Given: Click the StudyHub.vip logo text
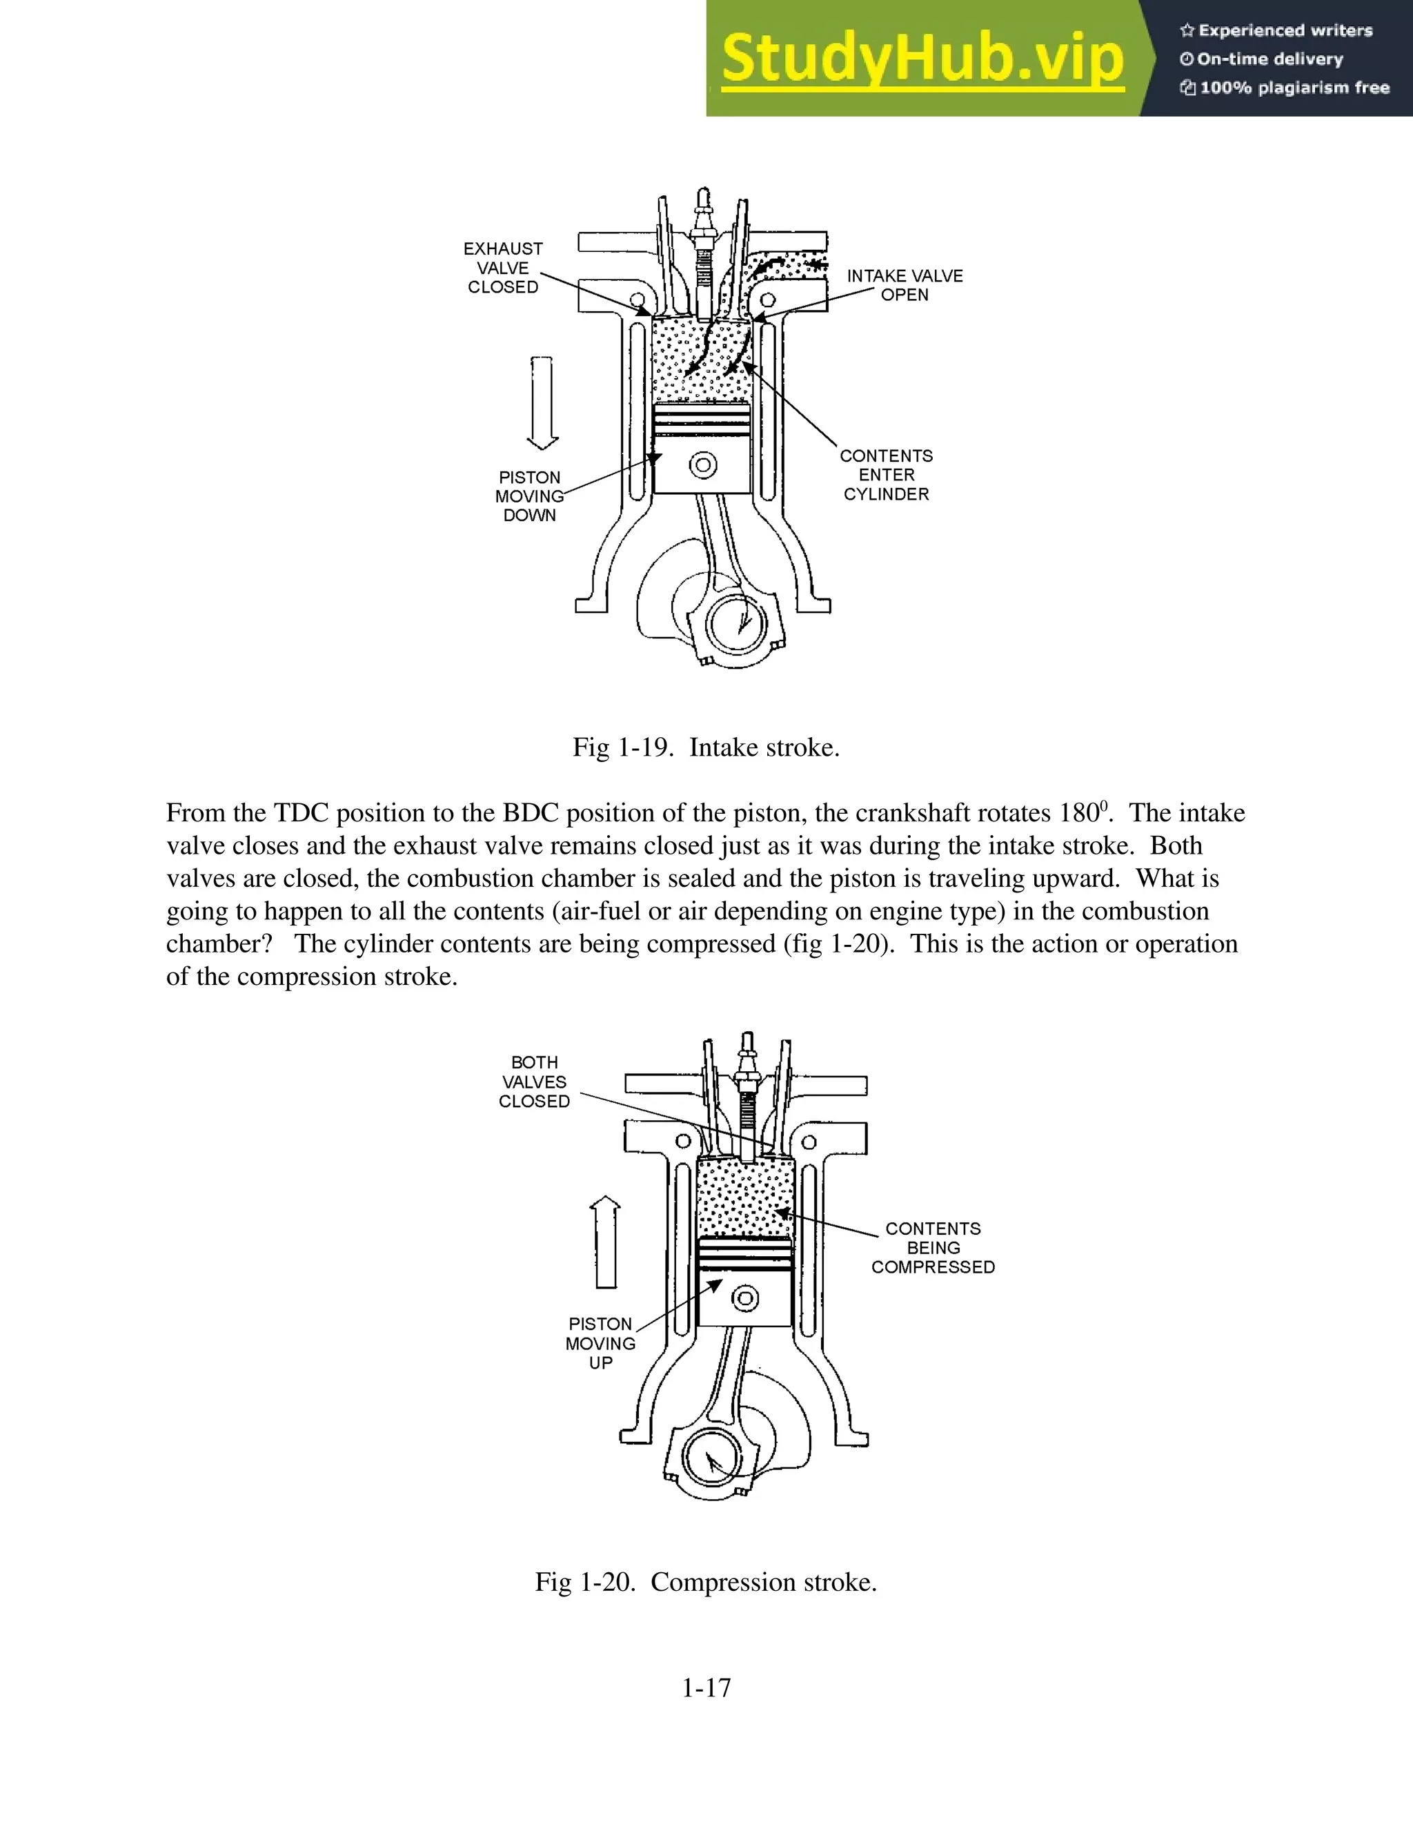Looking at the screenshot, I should tap(922, 59).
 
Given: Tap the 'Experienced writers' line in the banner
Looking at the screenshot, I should tap(1276, 31).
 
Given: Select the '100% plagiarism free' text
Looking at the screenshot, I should tap(1285, 88).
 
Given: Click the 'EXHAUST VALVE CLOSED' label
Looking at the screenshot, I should tap(503, 268).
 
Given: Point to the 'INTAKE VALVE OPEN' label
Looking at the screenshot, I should tap(905, 286).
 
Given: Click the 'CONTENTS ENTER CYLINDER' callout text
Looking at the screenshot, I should tap(887, 475).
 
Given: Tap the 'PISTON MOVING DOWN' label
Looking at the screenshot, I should tap(529, 496).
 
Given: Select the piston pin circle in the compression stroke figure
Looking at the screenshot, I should tap(745, 1299).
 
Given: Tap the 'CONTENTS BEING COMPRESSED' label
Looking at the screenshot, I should tap(933, 1248).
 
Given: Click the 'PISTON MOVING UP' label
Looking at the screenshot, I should tap(600, 1343).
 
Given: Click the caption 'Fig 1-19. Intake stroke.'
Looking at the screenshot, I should tap(706, 747).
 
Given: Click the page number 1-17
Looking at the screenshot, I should tap(706, 1688).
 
